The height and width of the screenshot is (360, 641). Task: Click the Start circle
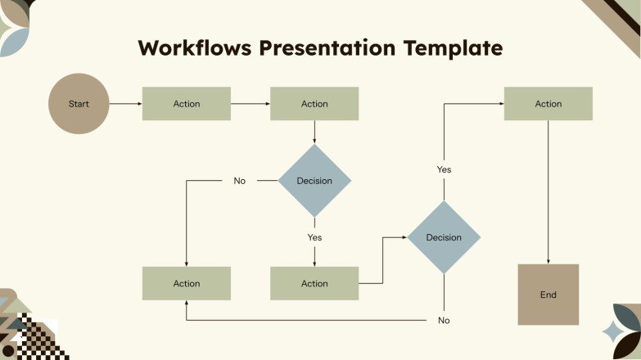coord(79,104)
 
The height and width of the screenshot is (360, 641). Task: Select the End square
coord(548,295)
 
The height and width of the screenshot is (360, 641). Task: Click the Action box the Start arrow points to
coord(187,104)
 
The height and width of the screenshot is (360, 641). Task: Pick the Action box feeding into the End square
coord(548,104)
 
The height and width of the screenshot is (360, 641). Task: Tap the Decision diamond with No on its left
coord(314,181)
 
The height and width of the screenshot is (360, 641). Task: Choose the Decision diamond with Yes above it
coord(444,237)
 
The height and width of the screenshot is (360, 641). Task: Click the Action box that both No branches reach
coord(187,283)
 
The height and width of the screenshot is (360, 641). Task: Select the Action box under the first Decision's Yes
coord(314,283)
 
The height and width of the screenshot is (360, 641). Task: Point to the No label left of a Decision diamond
coord(239,181)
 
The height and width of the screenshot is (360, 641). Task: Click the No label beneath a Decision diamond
coord(444,320)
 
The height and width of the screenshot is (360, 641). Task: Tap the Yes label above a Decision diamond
coord(444,169)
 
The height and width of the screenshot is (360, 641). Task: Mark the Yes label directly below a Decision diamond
coord(314,237)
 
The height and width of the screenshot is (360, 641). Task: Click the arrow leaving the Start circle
coord(125,104)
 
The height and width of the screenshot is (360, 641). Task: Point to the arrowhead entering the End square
coord(548,260)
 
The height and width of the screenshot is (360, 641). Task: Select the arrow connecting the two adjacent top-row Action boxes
coord(251,104)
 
